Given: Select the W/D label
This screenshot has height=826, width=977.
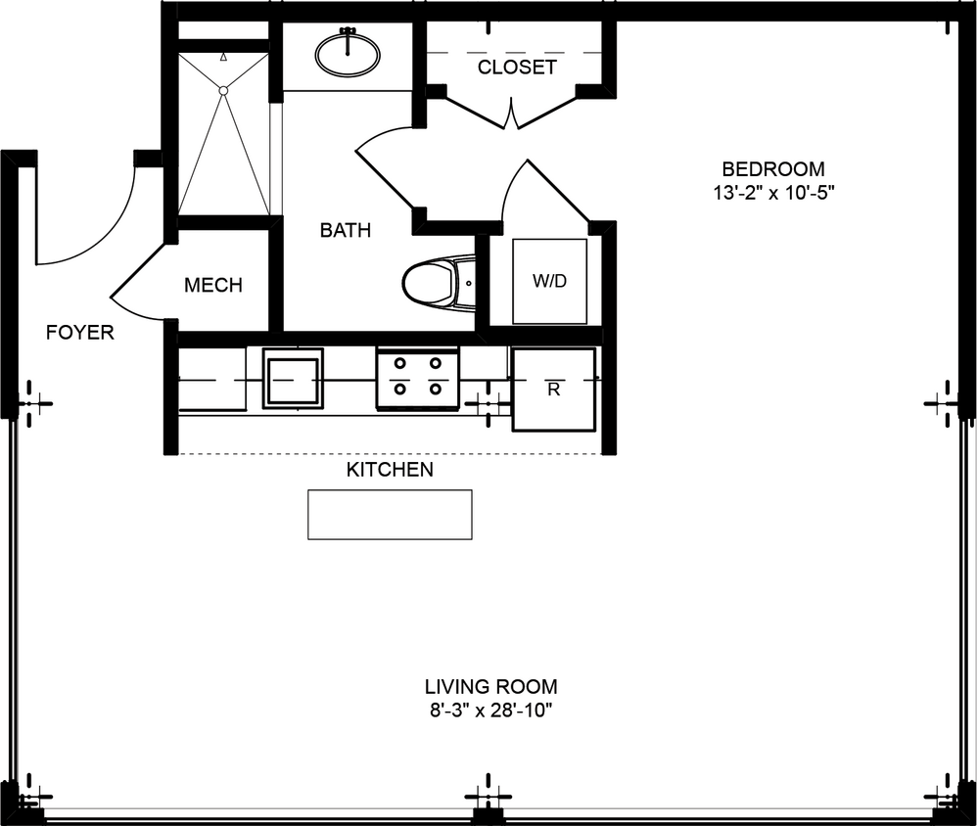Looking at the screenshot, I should (549, 282).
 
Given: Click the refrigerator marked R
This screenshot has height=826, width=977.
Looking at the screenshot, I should (554, 389).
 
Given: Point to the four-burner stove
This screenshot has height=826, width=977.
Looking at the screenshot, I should (417, 378).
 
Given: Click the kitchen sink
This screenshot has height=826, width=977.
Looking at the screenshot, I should (292, 378).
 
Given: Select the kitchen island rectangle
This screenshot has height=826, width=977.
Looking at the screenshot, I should (390, 514).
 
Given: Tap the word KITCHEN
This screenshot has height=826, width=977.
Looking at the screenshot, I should (390, 470).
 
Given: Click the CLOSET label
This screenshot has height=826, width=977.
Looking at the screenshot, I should (517, 68).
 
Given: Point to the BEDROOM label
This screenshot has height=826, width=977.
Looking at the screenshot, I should (773, 168).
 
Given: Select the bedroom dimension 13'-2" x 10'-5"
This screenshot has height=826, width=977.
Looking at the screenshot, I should (773, 193).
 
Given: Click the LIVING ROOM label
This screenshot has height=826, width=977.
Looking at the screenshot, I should (490, 686).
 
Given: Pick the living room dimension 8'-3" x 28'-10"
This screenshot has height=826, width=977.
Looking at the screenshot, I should (490, 711).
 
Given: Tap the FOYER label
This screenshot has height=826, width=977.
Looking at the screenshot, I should (80, 333).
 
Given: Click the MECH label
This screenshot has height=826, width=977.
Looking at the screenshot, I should (213, 286).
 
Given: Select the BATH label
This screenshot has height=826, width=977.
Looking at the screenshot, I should (346, 231).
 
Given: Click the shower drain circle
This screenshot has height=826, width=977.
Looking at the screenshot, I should (223, 90).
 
